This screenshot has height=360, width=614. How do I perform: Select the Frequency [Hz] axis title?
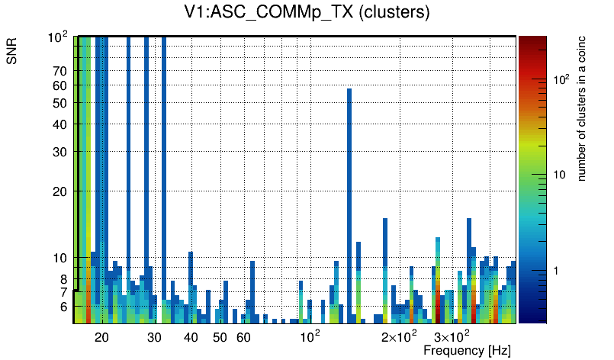[467, 351]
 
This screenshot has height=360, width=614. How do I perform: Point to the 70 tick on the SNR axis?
[61, 71]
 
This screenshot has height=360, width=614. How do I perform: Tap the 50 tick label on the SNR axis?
[61, 103]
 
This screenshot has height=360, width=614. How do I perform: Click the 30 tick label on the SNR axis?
[61, 152]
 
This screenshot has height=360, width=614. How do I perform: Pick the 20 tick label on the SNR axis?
[61, 191]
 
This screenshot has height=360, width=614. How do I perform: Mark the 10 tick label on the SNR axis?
[61, 258]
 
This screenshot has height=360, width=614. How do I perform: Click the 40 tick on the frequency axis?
[191, 337]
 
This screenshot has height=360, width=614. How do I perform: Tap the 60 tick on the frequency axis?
[243, 337]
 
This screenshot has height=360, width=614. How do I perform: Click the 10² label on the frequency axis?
[309, 336]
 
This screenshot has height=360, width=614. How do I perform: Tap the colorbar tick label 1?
[559, 271]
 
